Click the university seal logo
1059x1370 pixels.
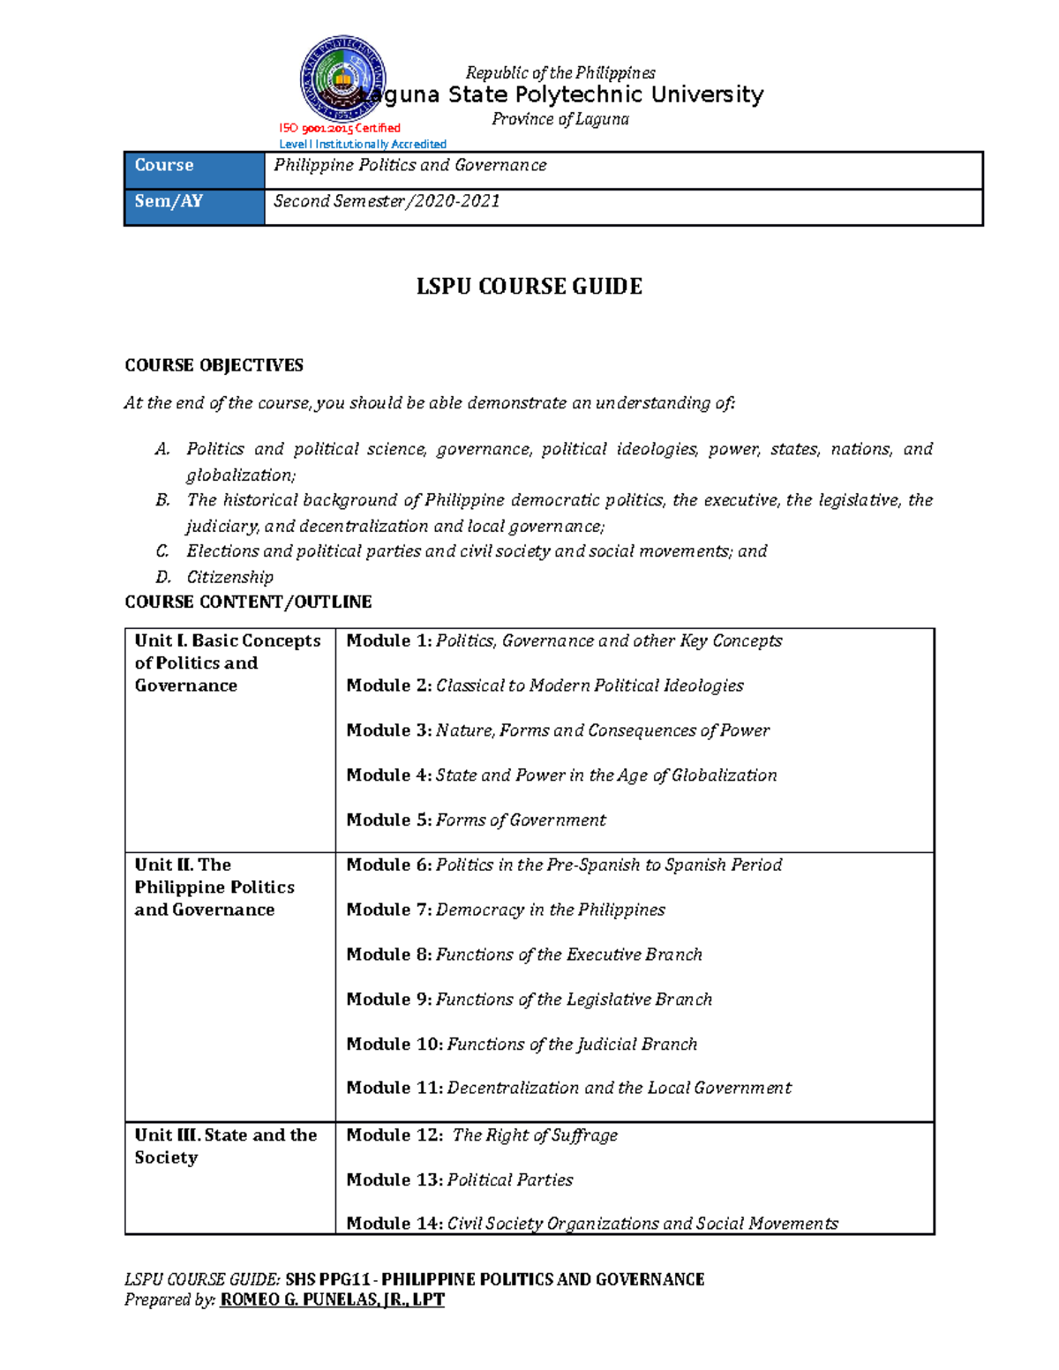pos(342,79)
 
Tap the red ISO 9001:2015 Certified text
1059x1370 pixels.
pos(340,128)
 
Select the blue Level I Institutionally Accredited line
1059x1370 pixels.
pos(362,144)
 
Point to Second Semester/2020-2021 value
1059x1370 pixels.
pos(387,201)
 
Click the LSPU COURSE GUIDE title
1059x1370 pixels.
pos(529,286)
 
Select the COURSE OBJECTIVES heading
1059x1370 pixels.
pos(214,365)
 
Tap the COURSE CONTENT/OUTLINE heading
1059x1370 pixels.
pos(248,602)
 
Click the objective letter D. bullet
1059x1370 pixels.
pos(163,577)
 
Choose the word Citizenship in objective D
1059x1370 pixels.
pos(229,577)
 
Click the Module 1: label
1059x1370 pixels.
pos(388,640)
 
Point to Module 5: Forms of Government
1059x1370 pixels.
pos(476,820)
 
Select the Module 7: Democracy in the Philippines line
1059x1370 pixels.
pos(505,910)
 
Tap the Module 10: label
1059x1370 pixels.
pos(394,1044)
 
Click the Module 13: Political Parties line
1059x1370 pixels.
pos(459,1179)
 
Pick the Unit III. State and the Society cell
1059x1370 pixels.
pos(225,1146)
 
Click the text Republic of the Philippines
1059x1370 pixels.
pos(560,72)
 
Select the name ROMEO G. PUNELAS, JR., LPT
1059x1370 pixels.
pos(332,1299)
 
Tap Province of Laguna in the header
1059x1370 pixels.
pos(560,119)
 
